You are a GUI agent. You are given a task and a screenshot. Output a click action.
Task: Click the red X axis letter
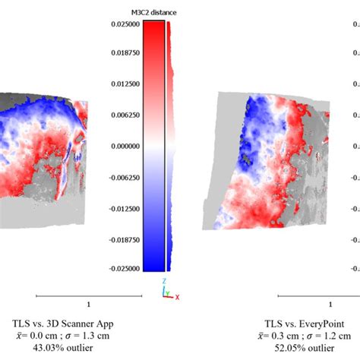[x=177, y=297]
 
